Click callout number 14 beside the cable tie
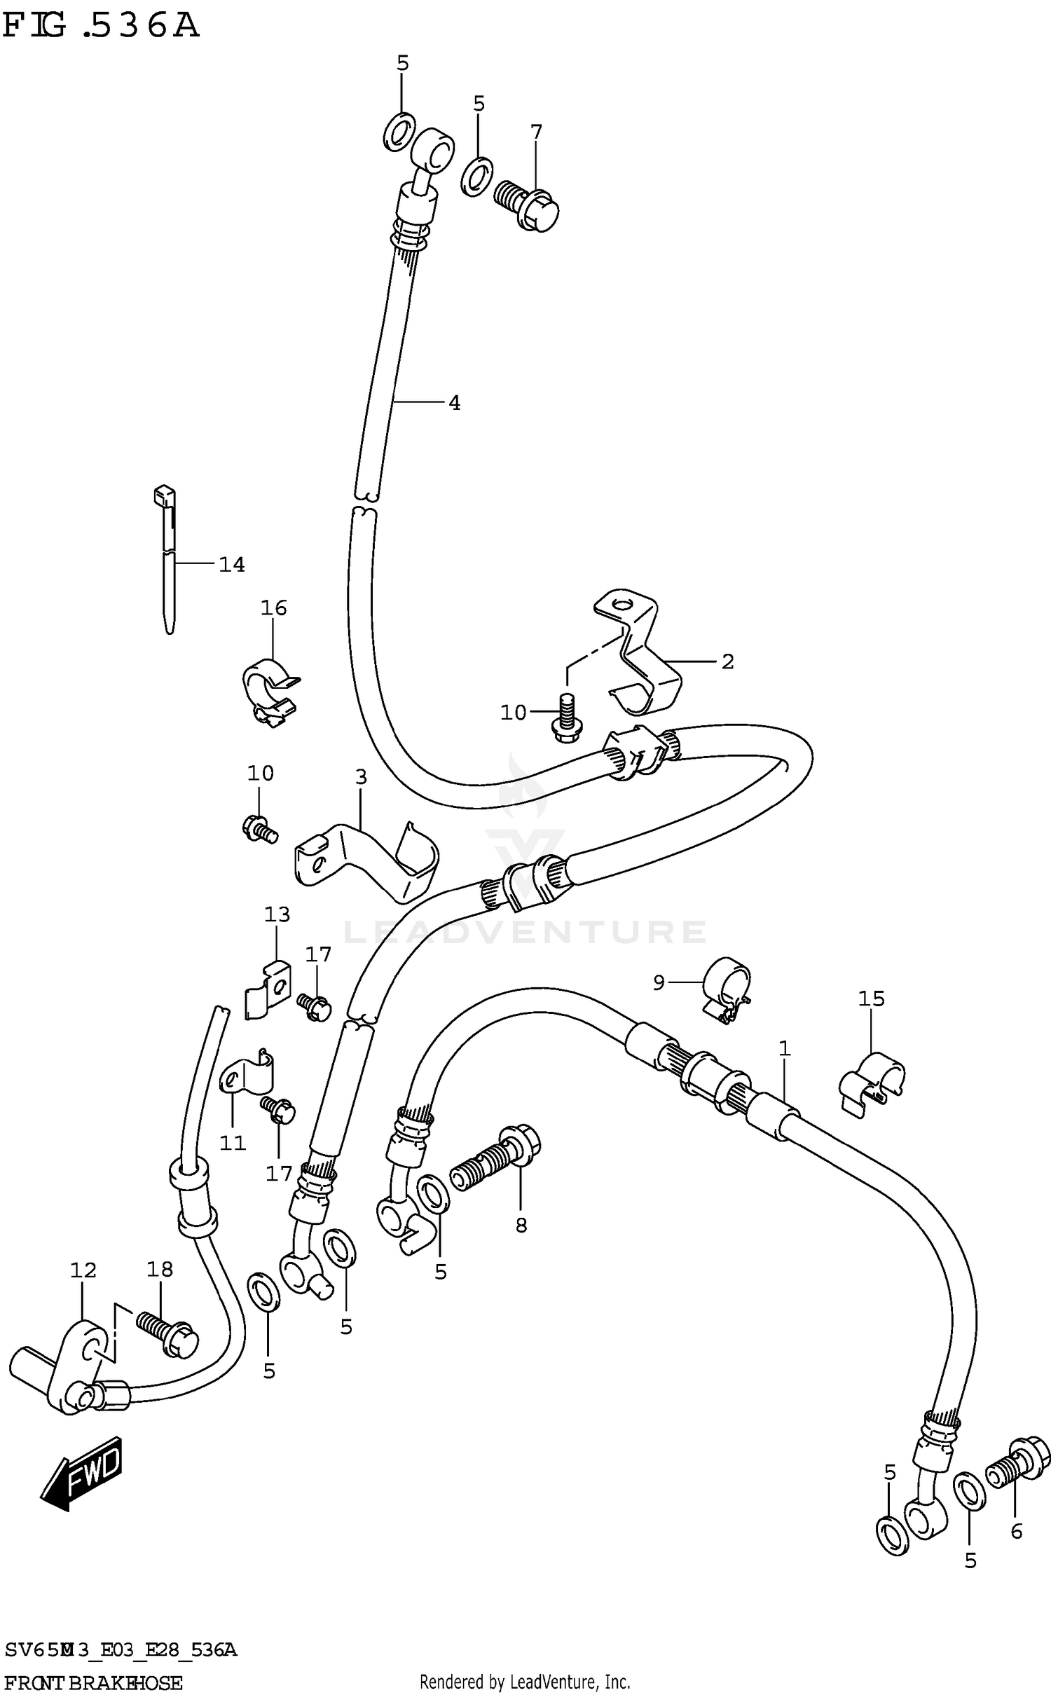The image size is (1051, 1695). click(x=231, y=564)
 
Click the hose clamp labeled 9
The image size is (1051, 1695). click(x=726, y=989)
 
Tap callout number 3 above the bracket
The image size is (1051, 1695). click(x=361, y=776)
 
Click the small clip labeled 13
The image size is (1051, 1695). click(x=268, y=989)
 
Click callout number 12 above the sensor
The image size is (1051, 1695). click(x=83, y=1270)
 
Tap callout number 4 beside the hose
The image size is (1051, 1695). click(x=454, y=403)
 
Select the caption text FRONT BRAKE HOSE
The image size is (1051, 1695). click(x=93, y=1682)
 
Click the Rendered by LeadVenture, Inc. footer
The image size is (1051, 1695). click(x=525, y=1680)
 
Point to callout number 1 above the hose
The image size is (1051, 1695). click(x=785, y=1049)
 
